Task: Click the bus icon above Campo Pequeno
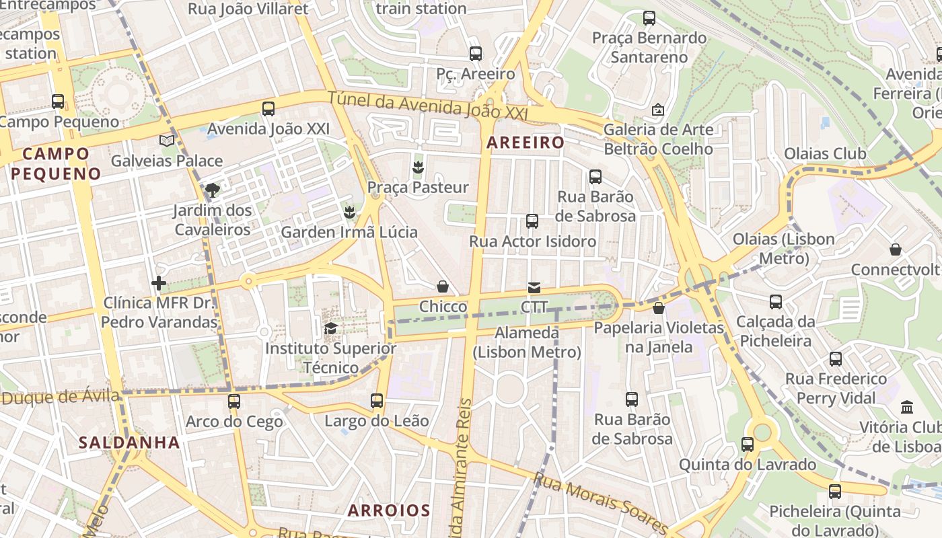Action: [x=58, y=102]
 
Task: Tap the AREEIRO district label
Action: [x=526, y=143]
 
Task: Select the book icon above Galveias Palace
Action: [x=167, y=141]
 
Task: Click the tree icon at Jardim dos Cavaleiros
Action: [x=213, y=190]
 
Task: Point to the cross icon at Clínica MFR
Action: [x=159, y=283]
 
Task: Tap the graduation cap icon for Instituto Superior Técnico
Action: [x=330, y=328]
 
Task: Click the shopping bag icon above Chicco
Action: [x=443, y=286]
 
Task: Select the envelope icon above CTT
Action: [x=534, y=288]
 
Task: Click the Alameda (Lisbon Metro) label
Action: [x=527, y=342]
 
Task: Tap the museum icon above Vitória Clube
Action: [x=907, y=407]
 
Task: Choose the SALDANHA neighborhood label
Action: [x=129, y=443]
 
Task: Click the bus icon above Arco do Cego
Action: [x=234, y=401]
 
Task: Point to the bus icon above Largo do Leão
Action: [x=377, y=401]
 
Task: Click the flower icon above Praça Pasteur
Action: [x=418, y=166]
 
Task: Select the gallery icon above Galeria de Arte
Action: [x=658, y=109]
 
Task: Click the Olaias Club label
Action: [x=825, y=153]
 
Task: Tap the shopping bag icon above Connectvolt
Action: [x=896, y=249]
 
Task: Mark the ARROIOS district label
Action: [x=389, y=510]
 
